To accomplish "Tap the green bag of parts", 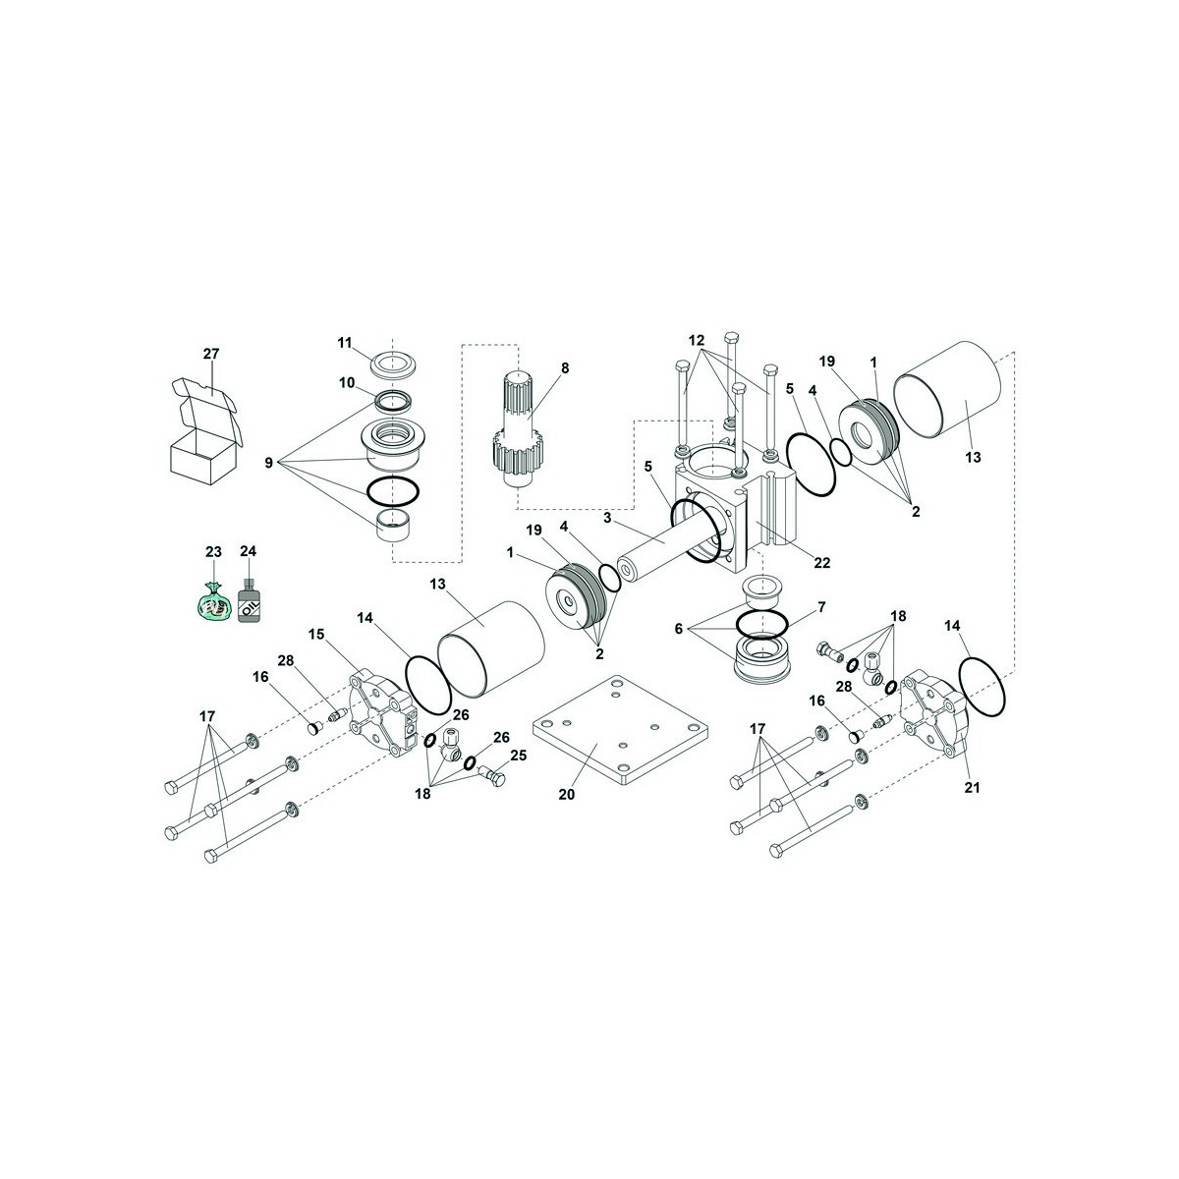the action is (x=212, y=601).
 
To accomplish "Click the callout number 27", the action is (x=211, y=354).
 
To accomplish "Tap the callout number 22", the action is (x=821, y=562).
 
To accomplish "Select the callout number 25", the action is (x=518, y=756).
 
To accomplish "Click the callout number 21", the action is (x=972, y=788).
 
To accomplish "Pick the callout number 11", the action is (x=345, y=343).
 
